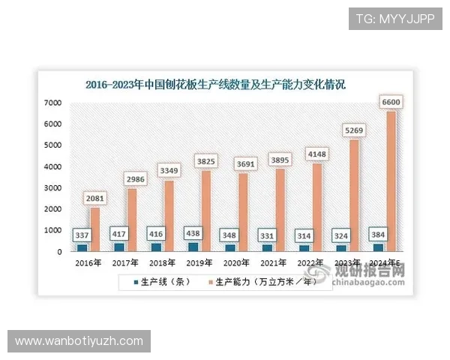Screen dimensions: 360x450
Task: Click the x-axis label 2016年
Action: [x=88, y=262]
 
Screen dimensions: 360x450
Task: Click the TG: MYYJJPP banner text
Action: [x=394, y=19]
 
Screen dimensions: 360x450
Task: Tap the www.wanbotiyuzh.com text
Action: [x=79, y=341]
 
